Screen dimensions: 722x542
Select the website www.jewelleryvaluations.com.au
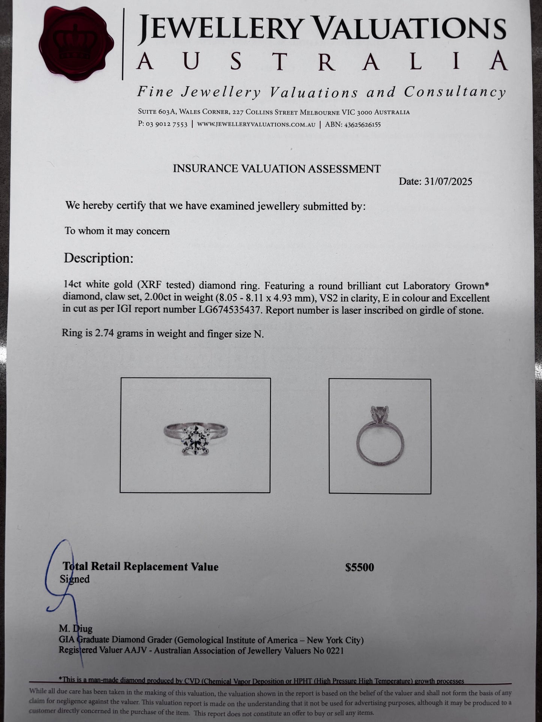point(256,125)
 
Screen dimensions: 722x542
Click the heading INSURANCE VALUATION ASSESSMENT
point(276,169)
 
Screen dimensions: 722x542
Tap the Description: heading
point(98,258)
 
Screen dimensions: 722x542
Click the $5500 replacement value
point(359,567)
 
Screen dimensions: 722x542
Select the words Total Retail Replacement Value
point(141,567)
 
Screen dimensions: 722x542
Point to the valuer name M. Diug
point(75,628)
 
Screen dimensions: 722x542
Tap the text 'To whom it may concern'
point(117,231)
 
